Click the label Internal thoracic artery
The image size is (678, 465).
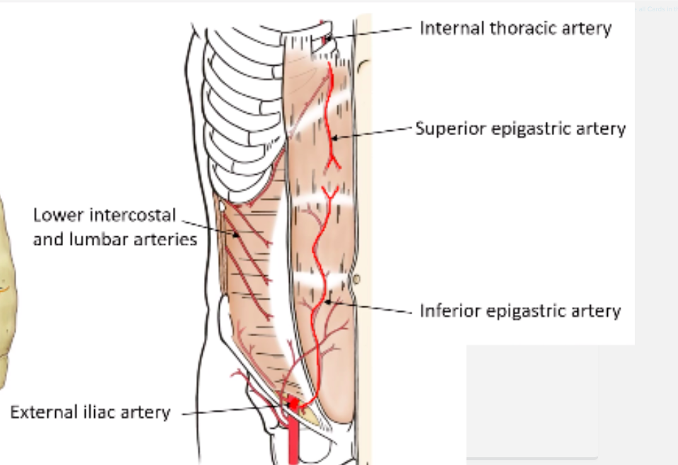pos(515,29)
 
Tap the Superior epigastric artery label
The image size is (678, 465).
pos(520,129)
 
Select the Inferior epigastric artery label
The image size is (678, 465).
pos(520,311)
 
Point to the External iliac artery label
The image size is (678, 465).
pos(90,413)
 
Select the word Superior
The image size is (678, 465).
pos(448,129)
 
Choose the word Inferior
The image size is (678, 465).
pos(448,311)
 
